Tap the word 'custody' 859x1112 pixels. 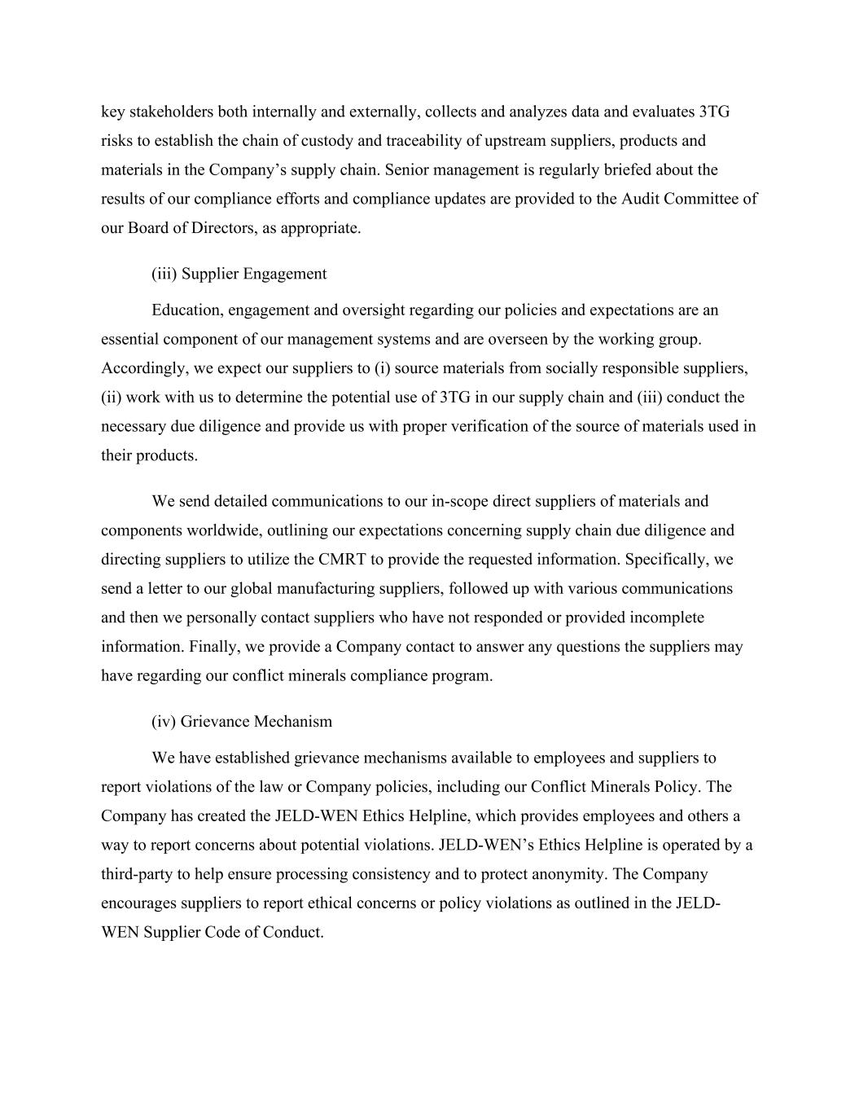tap(327, 141)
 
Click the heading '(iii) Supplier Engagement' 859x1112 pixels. tap(239, 274)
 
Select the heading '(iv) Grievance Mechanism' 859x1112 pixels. tap(242, 722)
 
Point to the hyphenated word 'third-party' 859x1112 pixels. tap(138, 874)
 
